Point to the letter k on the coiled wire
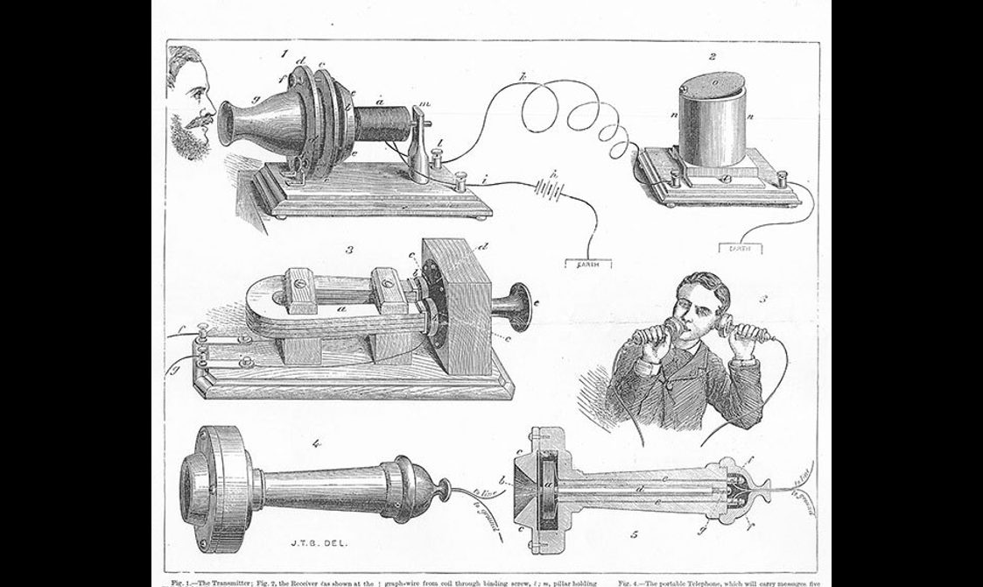(522, 76)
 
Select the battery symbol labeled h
(551, 187)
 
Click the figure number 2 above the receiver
(713, 57)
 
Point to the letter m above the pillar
(425, 105)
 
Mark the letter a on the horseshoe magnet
(342, 310)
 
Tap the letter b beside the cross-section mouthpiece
(501, 481)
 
